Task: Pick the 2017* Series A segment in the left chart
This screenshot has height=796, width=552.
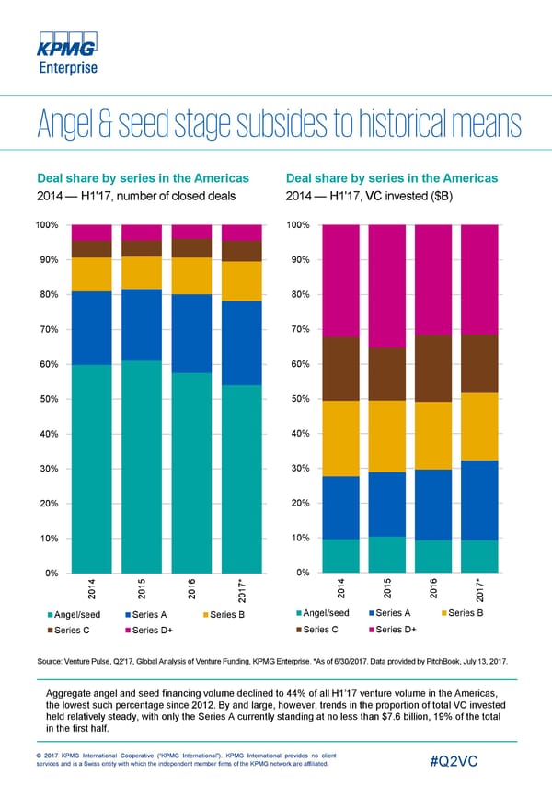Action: (x=242, y=343)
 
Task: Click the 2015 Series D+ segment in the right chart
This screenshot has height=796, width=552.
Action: (x=390, y=286)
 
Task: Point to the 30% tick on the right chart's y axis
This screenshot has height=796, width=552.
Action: (x=300, y=469)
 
